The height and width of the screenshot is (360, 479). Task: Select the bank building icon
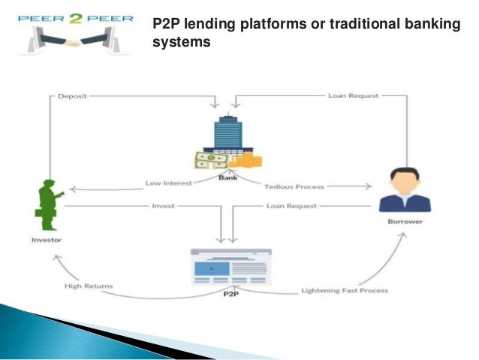coord(227,135)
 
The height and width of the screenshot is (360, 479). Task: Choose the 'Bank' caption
coord(227,177)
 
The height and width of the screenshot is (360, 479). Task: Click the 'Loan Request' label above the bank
coord(353,95)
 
